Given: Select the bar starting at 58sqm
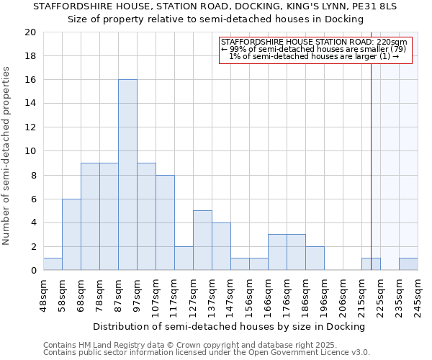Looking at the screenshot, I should (71, 235).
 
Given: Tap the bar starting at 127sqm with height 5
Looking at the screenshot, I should (202, 240).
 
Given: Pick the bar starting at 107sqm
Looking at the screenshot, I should (165, 222).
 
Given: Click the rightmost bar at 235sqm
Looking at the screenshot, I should (408, 264).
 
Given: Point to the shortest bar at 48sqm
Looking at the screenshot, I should (53, 264).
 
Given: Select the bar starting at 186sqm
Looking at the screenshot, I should (315, 258).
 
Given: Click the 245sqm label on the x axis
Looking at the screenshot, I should (418, 294).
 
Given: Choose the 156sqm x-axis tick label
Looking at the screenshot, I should (249, 294).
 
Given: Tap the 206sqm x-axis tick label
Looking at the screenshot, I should (343, 294).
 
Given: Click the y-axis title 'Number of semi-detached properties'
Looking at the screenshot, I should (7, 156).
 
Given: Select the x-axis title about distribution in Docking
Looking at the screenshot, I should (229, 326).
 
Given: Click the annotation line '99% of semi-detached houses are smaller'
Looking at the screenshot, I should (314, 49).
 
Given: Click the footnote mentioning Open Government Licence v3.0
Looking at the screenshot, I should (207, 353).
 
